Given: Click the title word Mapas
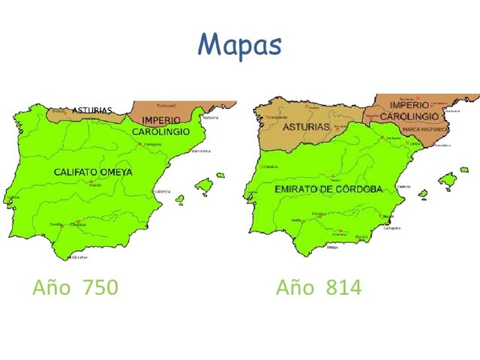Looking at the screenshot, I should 240,45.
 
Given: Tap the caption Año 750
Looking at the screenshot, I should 75,287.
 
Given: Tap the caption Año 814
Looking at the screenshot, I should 318,287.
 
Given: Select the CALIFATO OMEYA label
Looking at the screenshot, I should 93,172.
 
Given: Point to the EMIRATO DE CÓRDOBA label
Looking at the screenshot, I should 328,190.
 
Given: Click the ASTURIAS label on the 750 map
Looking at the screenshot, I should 92,111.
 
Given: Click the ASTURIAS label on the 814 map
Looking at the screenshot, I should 305,127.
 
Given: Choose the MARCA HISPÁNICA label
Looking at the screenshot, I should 421,130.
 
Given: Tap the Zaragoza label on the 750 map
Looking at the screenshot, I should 152,144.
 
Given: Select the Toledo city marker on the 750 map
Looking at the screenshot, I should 91,181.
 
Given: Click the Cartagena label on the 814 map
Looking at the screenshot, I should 391,228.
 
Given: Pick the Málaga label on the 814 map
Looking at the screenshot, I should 333,247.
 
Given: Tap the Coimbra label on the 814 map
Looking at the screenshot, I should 271,166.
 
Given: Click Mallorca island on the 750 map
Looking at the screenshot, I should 203,184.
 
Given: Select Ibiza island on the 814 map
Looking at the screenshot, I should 423,193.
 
